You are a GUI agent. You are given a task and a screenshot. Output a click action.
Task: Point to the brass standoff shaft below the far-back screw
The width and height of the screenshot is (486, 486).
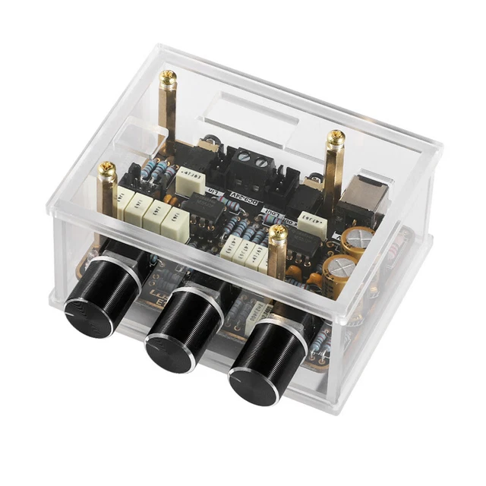pos(169,114)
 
